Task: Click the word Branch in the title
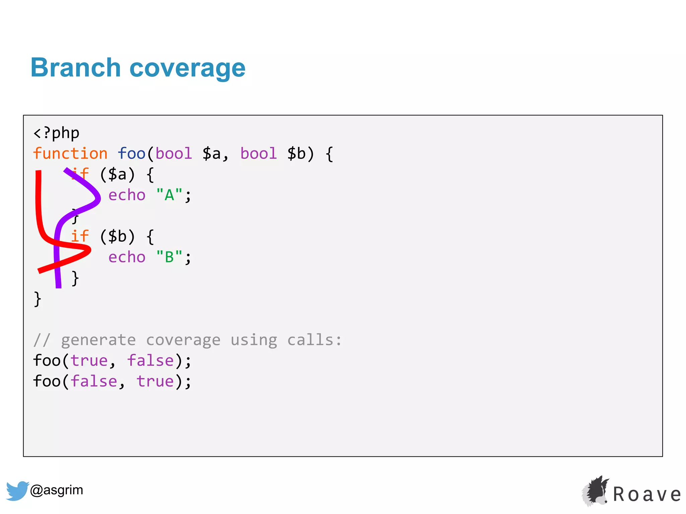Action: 75,68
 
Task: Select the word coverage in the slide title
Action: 187,68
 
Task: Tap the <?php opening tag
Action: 56,133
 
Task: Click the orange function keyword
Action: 70,154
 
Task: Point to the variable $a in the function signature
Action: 212,154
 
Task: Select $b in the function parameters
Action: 296,154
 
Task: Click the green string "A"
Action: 169,195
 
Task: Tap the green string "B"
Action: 169,257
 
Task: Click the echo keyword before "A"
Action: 127,195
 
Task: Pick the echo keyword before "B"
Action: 127,257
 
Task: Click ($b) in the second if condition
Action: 117,237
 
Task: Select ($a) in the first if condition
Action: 117,174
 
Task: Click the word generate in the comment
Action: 98,340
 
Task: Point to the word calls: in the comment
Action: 315,340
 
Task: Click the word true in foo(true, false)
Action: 89,361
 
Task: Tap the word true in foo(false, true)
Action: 155,381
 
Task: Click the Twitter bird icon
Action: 17,491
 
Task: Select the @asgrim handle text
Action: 57,490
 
